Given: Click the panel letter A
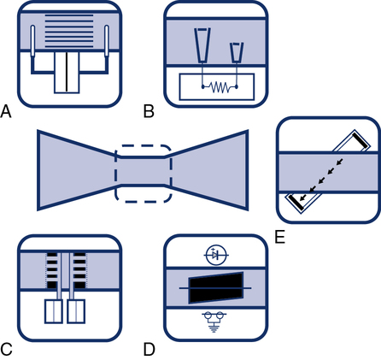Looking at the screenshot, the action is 6,111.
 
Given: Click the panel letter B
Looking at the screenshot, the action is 149,111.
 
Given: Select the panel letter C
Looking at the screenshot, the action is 6,349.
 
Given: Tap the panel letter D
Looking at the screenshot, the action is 149,349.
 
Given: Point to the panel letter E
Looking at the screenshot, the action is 280,237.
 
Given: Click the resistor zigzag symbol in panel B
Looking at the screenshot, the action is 220,87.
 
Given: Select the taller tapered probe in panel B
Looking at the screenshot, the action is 202,45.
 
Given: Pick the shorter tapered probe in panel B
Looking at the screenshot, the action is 237,52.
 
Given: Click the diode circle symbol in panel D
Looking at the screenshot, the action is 216,255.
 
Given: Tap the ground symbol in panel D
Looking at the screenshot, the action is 214,322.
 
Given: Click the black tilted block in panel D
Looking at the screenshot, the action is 216,288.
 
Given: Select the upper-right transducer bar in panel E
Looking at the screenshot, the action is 360,139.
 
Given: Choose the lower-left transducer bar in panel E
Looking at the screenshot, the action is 296,203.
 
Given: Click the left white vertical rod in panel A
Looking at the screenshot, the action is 32,41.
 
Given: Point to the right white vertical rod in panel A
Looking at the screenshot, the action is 107,41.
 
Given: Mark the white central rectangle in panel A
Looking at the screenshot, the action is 67,73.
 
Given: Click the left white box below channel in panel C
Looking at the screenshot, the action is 54,311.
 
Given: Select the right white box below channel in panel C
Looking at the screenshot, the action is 76,311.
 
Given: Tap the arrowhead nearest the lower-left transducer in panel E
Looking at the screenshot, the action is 303,198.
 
